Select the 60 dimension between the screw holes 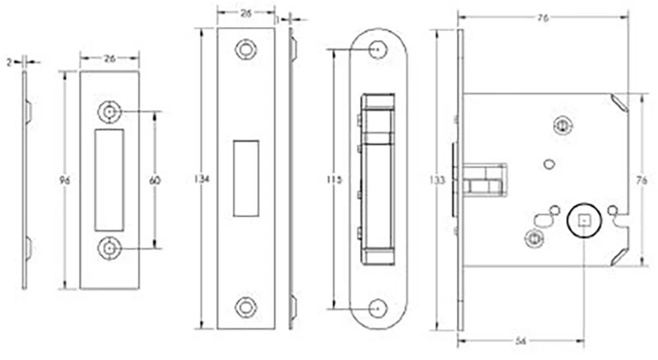155,180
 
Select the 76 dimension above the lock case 543,18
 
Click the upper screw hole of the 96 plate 109,112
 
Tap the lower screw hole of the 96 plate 109,247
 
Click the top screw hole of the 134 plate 246,49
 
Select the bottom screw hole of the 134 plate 246,307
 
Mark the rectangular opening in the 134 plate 246,178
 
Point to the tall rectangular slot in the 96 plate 109,180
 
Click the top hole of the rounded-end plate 377,49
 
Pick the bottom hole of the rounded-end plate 377,307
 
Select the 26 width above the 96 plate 109,59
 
